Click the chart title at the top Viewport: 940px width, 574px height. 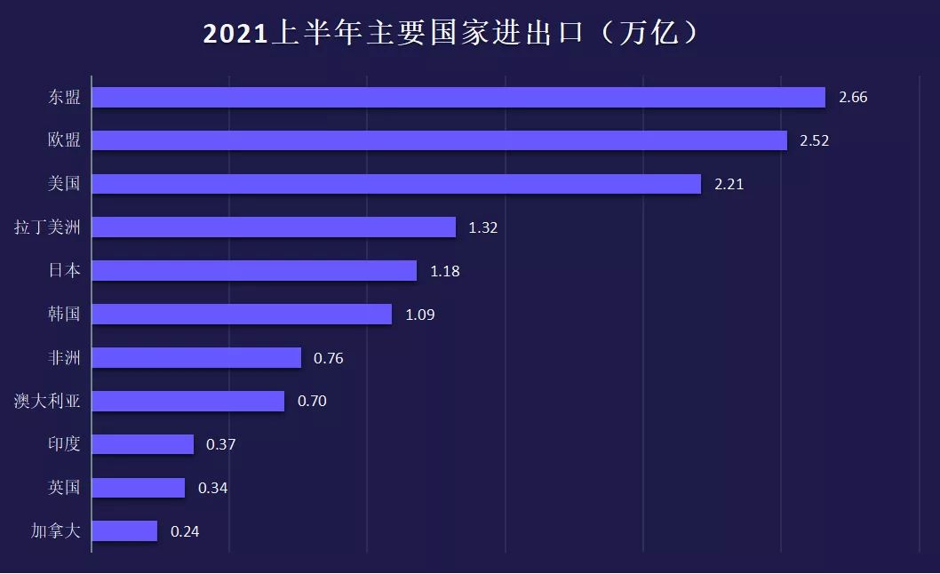(455, 33)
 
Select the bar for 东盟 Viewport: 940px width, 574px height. (458, 97)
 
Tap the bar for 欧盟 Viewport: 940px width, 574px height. (439, 140)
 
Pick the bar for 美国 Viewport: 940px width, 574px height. (396, 184)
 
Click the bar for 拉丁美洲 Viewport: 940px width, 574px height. (274, 227)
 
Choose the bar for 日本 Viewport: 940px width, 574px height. (254, 270)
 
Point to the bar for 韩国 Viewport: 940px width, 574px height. (242, 314)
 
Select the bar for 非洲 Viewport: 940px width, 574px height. (196, 357)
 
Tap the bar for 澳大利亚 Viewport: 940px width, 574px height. (187, 401)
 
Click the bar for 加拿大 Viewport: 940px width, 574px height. (124, 531)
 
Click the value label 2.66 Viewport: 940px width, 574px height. (853, 98)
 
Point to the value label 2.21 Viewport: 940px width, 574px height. (729, 185)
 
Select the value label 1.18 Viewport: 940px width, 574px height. (445, 271)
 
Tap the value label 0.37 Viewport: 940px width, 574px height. (221, 444)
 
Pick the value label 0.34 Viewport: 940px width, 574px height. (213, 488)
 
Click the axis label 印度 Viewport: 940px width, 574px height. (64, 443)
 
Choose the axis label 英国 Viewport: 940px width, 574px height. (64, 487)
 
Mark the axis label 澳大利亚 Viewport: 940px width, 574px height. (47, 401)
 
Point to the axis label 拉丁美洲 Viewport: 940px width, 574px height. (47, 227)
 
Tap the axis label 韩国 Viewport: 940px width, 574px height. (64, 314)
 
